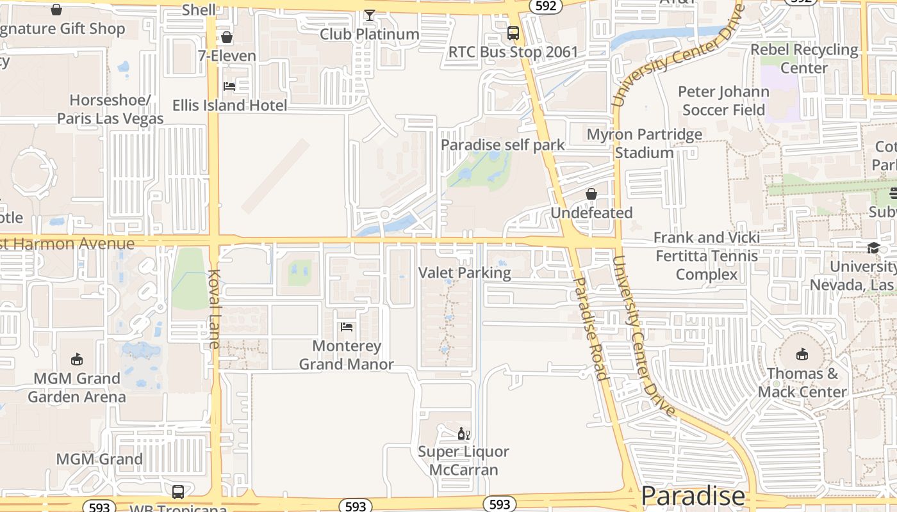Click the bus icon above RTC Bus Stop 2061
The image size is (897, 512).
click(513, 33)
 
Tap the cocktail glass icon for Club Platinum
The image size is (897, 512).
click(370, 15)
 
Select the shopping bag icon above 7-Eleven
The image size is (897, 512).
click(226, 37)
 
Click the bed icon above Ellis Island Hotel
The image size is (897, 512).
click(229, 86)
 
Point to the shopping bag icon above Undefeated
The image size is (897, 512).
click(591, 194)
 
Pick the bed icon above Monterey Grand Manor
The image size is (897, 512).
click(347, 327)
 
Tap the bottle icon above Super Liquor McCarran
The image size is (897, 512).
click(463, 434)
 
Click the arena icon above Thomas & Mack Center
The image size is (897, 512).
click(802, 354)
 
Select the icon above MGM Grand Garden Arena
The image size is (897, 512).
click(77, 359)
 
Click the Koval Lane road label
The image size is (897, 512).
click(213, 308)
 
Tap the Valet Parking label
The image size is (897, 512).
click(465, 273)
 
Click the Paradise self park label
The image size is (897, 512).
click(503, 145)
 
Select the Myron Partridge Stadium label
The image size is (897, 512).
click(645, 144)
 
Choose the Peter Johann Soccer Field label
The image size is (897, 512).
click(723, 100)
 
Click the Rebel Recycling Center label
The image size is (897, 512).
click(804, 58)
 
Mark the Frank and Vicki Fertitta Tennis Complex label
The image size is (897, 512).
click(707, 256)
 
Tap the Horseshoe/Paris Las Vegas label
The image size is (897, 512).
click(110, 109)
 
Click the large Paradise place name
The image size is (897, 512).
click(693, 496)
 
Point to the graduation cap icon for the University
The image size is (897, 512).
click(873, 248)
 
